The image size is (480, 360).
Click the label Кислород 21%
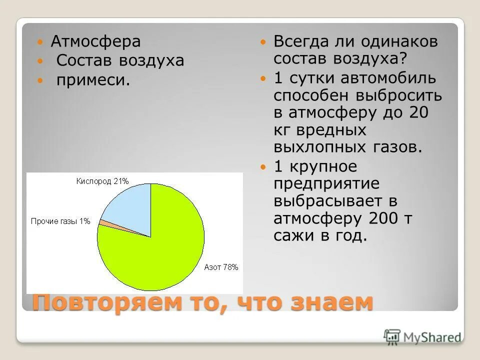click(102, 180)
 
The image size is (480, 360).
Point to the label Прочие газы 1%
click(60, 221)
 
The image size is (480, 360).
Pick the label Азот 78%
click(221, 267)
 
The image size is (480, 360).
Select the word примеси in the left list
click(93, 80)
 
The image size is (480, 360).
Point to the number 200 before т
click(383, 218)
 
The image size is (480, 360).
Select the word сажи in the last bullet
click(291, 236)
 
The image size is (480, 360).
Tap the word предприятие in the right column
click(326, 183)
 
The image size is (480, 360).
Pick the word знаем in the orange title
click(330, 302)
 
